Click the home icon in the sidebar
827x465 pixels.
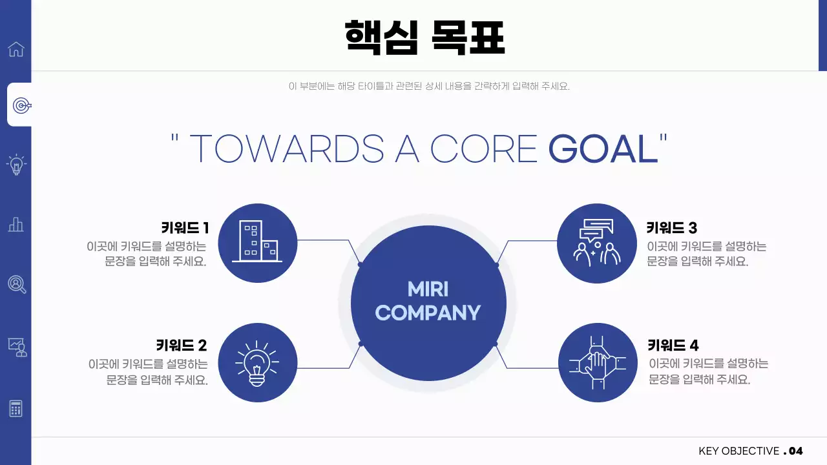[x=16, y=49]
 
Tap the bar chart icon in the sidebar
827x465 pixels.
[x=16, y=224]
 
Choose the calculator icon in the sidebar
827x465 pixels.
[x=16, y=408]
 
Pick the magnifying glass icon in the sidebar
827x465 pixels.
[x=17, y=284]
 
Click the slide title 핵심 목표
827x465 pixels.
[x=424, y=37]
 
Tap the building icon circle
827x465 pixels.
[x=257, y=243]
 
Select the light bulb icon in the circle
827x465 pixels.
[x=257, y=362]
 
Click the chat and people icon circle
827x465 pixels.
[x=597, y=243]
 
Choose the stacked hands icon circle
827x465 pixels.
[x=597, y=362]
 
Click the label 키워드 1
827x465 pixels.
[x=185, y=227]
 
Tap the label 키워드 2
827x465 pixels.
[x=182, y=345]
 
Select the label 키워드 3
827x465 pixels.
[x=672, y=227]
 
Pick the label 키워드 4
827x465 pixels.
[x=673, y=345]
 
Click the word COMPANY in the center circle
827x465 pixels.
[x=428, y=313]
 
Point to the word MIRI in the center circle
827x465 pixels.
[x=428, y=289]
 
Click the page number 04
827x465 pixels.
[x=795, y=451]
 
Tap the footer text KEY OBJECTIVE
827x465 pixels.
[x=738, y=451]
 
